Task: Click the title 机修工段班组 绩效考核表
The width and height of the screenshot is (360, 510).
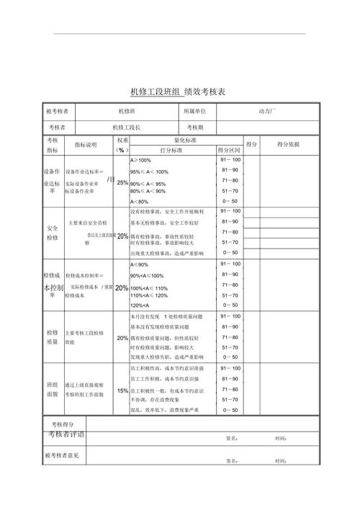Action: tap(178, 92)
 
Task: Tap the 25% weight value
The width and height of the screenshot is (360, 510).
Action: tap(122, 182)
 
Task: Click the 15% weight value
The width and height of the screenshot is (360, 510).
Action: tap(122, 390)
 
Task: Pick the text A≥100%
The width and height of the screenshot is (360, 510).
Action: tap(140, 160)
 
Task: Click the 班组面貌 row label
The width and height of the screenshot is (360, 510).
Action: tap(53, 390)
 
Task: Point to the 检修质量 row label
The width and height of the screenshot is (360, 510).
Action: tap(53, 338)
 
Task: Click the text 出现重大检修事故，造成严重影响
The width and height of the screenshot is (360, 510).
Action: tap(167, 254)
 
